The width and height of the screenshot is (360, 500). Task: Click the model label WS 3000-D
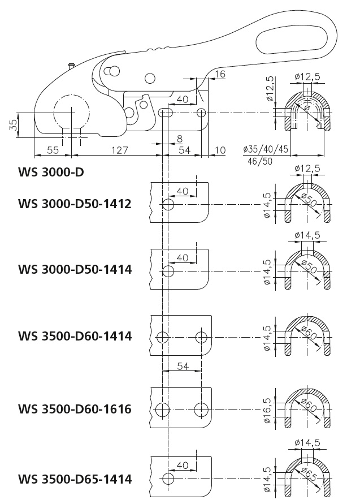tap(51, 172)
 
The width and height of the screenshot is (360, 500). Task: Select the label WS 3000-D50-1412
tap(75, 204)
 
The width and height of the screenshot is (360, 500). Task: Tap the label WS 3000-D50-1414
tap(75, 269)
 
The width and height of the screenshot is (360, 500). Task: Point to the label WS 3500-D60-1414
tap(75, 336)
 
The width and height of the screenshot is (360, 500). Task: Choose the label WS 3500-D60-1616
tap(75, 408)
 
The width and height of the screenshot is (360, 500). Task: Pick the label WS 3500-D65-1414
tap(75, 480)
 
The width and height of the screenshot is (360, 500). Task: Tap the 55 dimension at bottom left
tap(53, 150)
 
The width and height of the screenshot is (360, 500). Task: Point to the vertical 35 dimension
tap(12, 124)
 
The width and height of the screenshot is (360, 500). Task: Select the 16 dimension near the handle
tap(220, 74)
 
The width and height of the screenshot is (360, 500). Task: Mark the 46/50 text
tap(259, 161)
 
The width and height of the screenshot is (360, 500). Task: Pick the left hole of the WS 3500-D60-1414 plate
tap(163, 337)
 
